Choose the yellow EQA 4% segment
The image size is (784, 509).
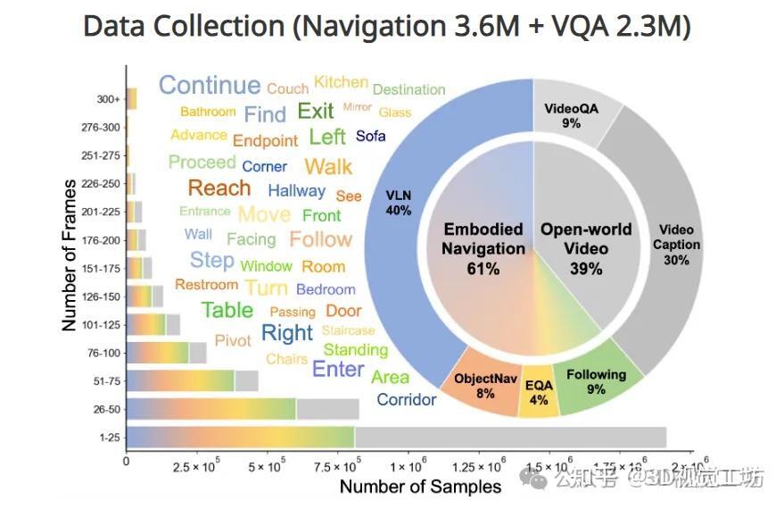point(539,392)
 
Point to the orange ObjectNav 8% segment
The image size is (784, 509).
point(485,385)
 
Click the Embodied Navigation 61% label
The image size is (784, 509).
point(483,249)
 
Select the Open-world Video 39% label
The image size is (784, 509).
point(586,248)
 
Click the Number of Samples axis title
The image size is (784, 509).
point(420,487)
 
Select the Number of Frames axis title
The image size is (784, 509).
point(70,254)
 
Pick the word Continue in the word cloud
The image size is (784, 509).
point(210,86)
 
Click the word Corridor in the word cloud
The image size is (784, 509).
point(406,399)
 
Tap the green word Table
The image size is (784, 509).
point(227,310)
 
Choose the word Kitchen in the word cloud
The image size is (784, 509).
point(341,82)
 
